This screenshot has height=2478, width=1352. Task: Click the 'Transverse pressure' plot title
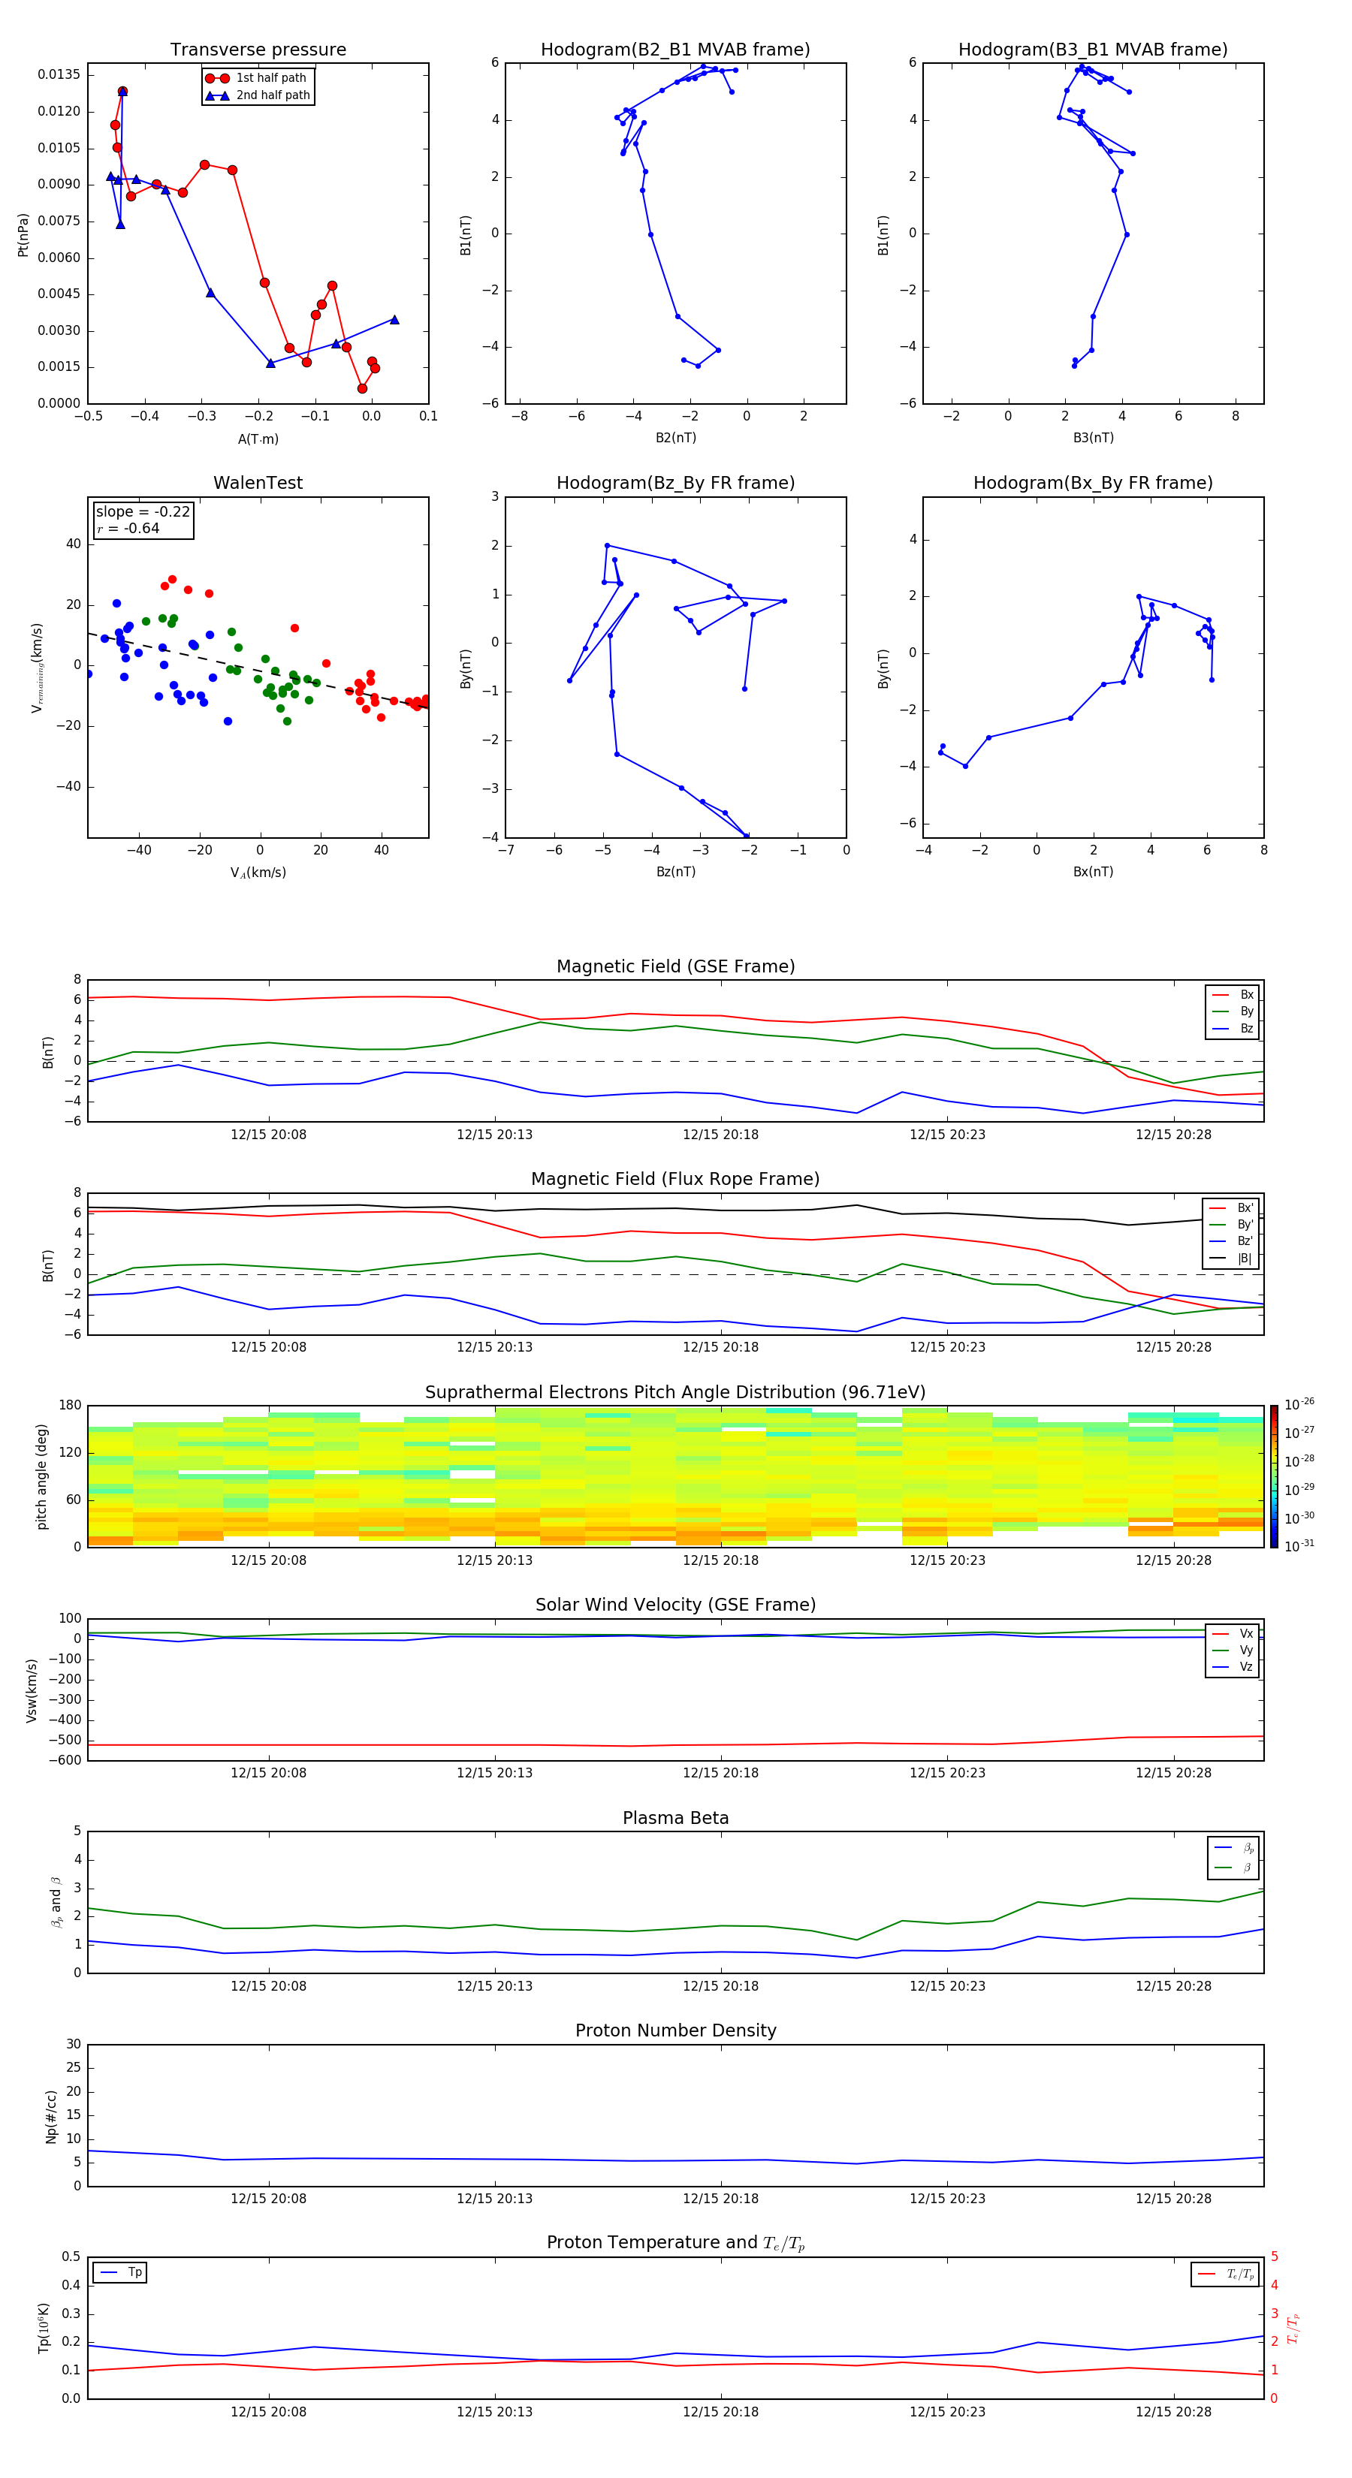[x=258, y=50]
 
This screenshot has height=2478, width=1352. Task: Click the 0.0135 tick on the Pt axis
[x=59, y=75]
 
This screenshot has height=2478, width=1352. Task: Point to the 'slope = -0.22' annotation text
[x=143, y=512]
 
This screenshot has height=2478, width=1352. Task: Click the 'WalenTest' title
[x=258, y=483]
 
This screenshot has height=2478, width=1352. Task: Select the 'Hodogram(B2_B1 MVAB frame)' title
[x=674, y=50]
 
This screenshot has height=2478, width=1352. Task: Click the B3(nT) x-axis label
[x=1093, y=438]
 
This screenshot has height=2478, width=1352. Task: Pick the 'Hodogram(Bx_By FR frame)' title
[x=1092, y=483]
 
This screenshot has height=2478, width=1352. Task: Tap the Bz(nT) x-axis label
[x=675, y=872]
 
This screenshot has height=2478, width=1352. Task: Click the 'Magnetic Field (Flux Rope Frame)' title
[x=674, y=1180]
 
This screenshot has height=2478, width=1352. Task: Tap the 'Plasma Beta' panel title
[x=674, y=1818]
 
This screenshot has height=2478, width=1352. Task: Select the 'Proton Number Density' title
[x=674, y=2030]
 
